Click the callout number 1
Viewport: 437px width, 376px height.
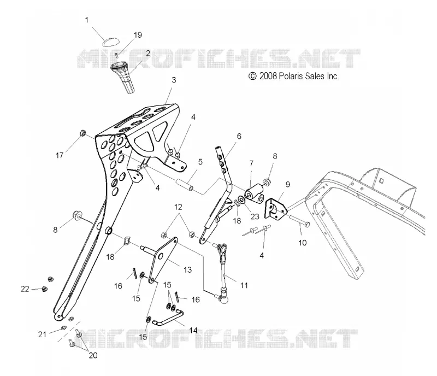tap(87, 20)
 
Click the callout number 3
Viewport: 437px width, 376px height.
tap(174, 80)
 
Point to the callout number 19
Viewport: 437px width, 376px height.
tap(138, 35)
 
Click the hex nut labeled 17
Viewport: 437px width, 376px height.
tap(82, 133)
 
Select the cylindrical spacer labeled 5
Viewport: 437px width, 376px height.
tap(184, 185)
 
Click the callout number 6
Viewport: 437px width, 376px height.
tap(239, 136)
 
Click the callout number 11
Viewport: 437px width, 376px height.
tap(244, 285)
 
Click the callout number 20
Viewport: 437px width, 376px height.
tap(93, 356)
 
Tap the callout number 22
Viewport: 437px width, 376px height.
tap(25, 289)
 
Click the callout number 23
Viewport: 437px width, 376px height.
tap(255, 216)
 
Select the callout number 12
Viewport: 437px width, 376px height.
tap(178, 207)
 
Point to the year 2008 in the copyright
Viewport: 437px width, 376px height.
tap(268, 76)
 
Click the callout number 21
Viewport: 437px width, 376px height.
tap(42, 334)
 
